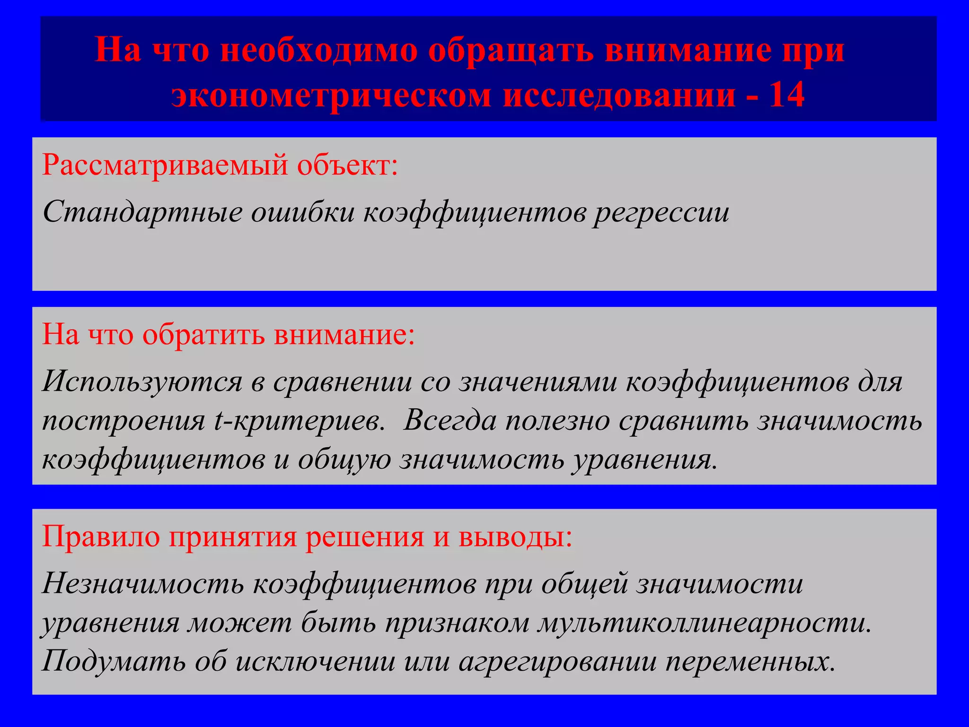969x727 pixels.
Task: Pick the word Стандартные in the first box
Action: (x=142, y=212)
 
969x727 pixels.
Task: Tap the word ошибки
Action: (x=303, y=212)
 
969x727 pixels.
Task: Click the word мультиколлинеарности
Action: (x=705, y=622)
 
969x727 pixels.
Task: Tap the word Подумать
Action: (x=114, y=661)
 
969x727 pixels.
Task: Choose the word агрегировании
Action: (x=558, y=661)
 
